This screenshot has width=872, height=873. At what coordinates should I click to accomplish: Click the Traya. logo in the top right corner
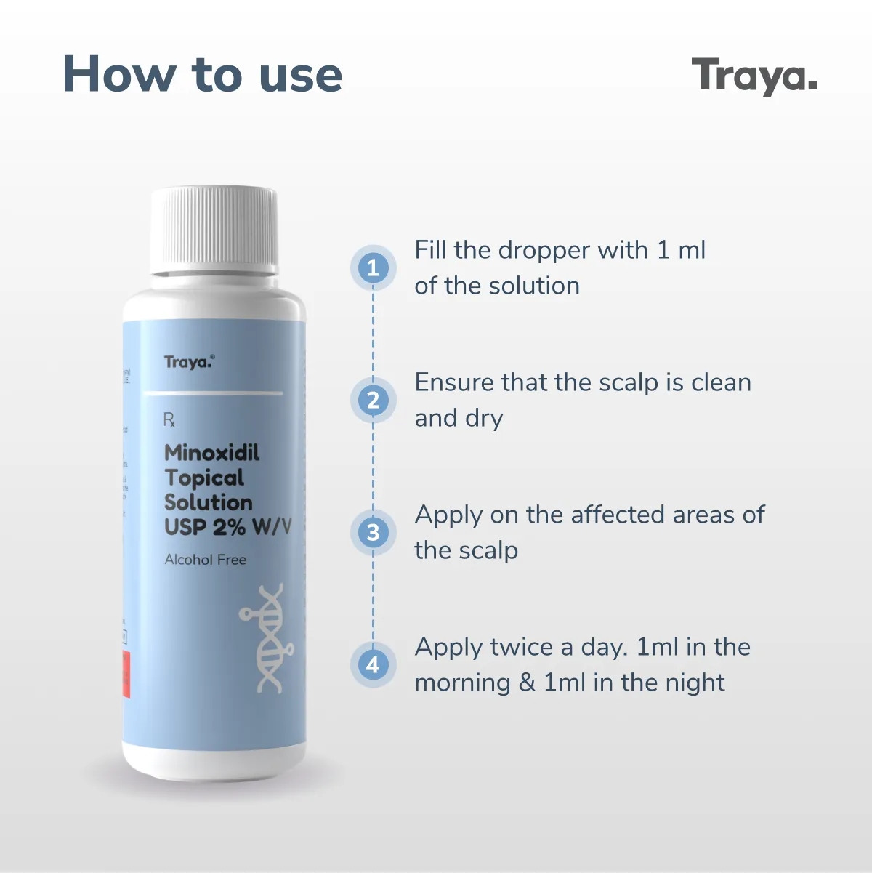pyautogui.click(x=754, y=76)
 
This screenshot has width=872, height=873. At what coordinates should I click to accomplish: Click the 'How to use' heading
pyautogui.click(x=202, y=74)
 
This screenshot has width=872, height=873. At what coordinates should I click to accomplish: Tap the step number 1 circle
pyautogui.click(x=373, y=267)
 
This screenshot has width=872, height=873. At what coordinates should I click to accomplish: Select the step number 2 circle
pyautogui.click(x=373, y=400)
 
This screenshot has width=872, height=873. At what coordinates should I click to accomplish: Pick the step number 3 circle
pyautogui.click(x=373, y=532)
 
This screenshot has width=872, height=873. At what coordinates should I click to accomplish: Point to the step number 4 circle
pyautogui.click(x=373, y=664)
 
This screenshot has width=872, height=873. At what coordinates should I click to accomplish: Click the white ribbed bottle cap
pyautogui.click(x=214, y=230)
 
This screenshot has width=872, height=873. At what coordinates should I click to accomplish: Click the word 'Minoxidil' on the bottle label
pyautogui.click(x=211, y=453)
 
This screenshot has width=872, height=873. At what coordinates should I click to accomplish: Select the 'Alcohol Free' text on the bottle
pyautogui.click(x=205, y=560)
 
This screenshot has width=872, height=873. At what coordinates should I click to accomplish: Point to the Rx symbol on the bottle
pyautogui.click(x=169, y=420)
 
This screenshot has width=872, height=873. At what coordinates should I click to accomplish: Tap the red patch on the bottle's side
pyautogui.click(x=126, y=674)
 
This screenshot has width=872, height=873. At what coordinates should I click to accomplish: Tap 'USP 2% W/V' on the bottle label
pyautogui.click(x=227, y=527)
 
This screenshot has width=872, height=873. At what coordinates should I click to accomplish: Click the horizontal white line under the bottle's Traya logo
pyautogui.click(x=214, y=393)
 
